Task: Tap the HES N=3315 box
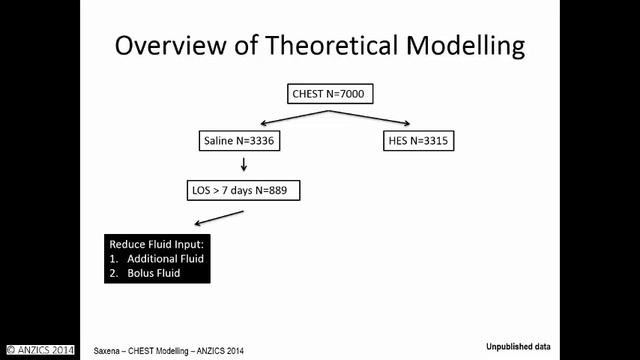tap(418, 141)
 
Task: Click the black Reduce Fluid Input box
tap(157, 258)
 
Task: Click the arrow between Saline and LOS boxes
tap(240, 164)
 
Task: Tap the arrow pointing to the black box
tap(218, 218)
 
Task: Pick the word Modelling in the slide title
tap(470, 46)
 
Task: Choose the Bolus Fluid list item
tap(155, 273)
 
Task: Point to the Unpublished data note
tap(515, 344)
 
